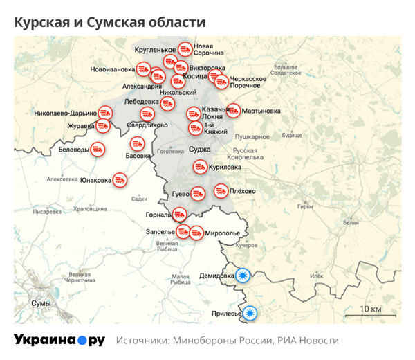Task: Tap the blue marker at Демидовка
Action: tap(243, 276)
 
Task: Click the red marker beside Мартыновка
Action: tap(232, 110)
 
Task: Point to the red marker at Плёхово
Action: tap(221, 190)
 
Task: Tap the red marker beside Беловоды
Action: tap(98, 149)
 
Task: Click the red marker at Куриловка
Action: tap(199, 167)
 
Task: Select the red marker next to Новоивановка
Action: tap(143, 69)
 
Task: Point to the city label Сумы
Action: tap(41, 304)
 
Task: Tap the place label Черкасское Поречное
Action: tap(248, 82)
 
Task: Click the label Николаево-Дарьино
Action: tap(65, 113)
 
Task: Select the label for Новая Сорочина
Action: tap(209, 48)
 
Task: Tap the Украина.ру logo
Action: tap(59, 340)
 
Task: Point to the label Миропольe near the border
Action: tap(224, 233)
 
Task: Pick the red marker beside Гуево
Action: tap(197, 192)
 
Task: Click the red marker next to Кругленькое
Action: tap(185, 49)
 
